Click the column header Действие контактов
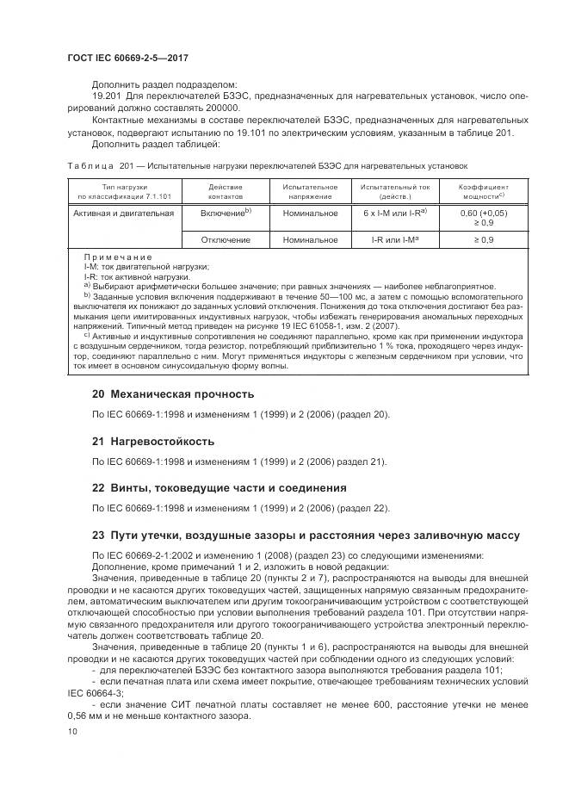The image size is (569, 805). [226, 189]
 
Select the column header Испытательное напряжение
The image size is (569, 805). [305, 189]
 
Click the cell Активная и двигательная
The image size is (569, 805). [124, 212]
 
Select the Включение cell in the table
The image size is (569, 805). [226, 212]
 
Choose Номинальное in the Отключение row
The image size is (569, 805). [305, 239]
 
